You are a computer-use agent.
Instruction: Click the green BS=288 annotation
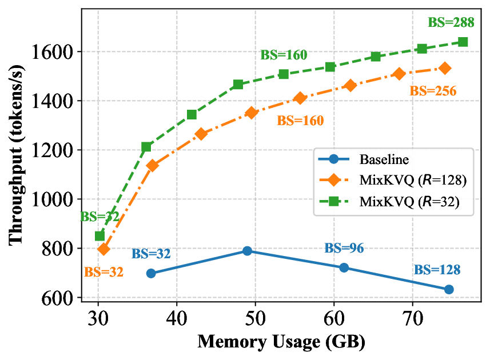click(451, 23)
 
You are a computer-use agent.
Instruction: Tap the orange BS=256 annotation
click(433, 90)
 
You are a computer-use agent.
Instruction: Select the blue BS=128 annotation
click(437, 270)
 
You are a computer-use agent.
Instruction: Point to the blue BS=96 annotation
click(344, 248)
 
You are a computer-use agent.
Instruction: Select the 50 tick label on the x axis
click(256, 316)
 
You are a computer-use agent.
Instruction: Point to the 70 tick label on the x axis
click(413, 316)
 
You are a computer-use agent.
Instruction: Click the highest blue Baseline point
click(247, 251)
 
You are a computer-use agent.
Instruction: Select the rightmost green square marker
click(463, 42)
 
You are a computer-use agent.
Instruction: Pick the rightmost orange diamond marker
click(445, 68)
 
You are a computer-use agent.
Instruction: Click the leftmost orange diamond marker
click(103, 249)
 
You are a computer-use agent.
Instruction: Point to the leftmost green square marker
click(99, 236)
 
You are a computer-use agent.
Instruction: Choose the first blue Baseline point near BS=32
click(151, 273)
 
